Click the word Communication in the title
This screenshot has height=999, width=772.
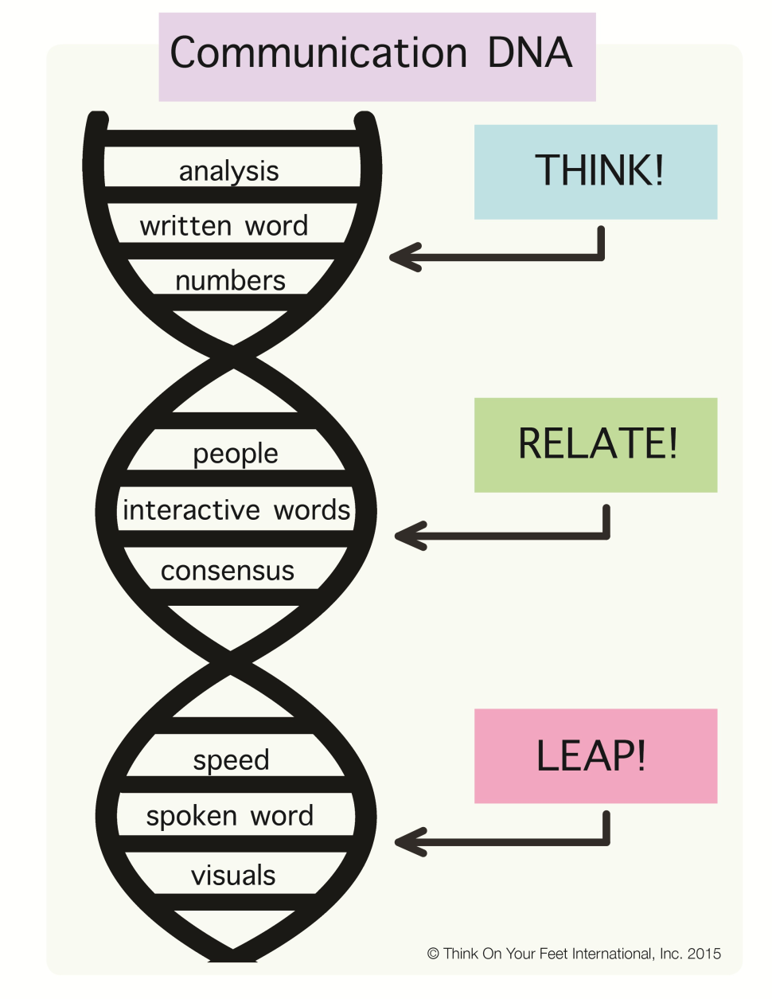(318, 53)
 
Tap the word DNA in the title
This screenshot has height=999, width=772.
(530, 53)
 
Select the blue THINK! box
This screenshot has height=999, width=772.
(595, 172)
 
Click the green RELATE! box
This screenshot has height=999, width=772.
(595, 445)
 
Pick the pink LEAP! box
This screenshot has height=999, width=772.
(595, 756)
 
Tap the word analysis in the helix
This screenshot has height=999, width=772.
(229, 172)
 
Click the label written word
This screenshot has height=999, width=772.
(224, 226)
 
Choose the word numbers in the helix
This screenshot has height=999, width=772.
(230, 281)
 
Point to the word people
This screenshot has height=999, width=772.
(236, 455)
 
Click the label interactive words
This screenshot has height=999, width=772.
(236, 510)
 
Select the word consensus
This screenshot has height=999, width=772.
(228, 572)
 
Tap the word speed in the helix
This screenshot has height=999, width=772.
(231, 761)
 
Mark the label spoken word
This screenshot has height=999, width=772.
(230, 817)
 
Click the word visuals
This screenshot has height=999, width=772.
(233, 875)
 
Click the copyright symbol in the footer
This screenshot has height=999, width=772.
(433, 954)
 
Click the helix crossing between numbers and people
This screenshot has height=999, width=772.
(233, 357)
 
